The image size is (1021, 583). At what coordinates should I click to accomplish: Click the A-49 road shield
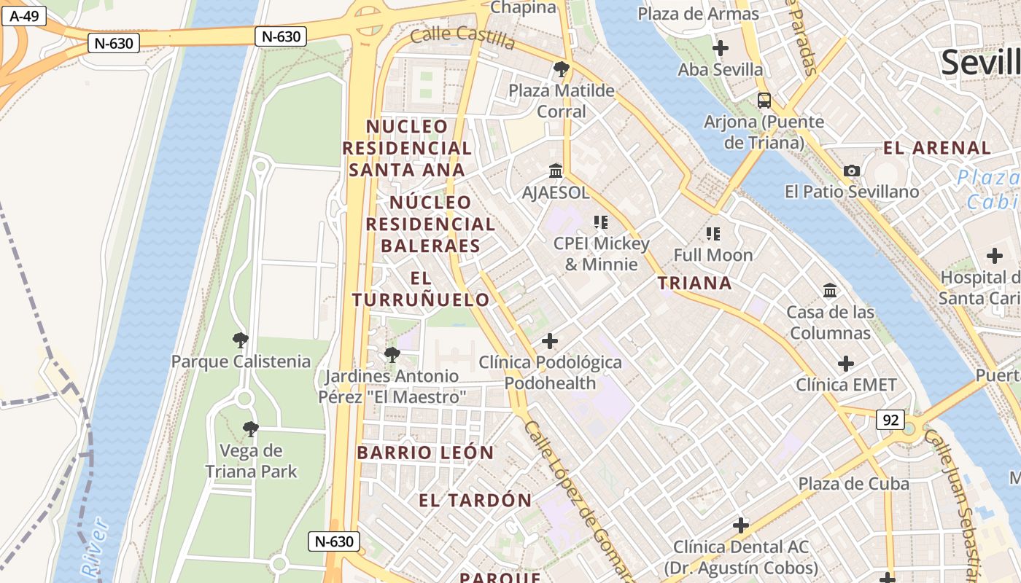tap(24, 16)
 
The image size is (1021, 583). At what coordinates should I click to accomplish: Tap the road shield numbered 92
tap(890, 420)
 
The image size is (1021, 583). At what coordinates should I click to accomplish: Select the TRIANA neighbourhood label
tap(694, 283)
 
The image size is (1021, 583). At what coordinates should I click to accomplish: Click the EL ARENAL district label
tap(937, 148)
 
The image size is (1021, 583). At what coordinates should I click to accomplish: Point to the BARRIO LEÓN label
tap(425, 453)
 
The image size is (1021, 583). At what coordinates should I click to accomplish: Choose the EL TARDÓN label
tap(475, 501)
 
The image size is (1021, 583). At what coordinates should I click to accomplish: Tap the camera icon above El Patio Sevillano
tap(851, 171)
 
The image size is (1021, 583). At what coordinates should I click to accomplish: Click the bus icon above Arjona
tap(764, 101)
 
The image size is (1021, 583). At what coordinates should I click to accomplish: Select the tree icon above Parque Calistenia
tap(240, 340)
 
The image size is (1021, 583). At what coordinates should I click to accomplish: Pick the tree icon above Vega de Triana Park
tap(250, 429)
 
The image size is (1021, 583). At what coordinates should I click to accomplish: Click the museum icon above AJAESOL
tap(556, 171)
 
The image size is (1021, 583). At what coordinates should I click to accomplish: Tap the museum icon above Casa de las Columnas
tap(829, 291)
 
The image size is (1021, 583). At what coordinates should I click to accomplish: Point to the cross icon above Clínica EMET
tap(845, 363)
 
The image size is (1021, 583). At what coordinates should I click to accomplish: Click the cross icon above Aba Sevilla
tap(720, 49)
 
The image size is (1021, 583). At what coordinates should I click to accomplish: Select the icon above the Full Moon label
tap(713, 234)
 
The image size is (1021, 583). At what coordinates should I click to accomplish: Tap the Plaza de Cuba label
tap(853, 484)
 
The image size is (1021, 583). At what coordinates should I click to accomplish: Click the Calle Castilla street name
tap(462, 36)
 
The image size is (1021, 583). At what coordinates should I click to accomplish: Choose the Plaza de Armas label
tap(698, 13)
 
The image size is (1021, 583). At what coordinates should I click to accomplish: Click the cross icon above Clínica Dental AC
tap(741, 525)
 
